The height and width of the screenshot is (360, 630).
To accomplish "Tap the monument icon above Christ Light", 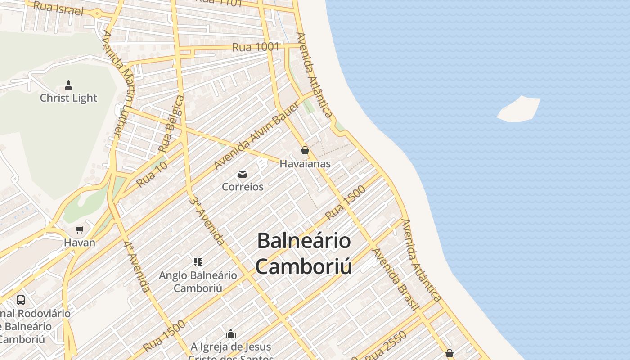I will point(68,85).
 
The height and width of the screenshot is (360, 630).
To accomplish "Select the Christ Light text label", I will point(68,98).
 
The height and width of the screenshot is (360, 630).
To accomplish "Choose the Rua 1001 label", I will point(256,47).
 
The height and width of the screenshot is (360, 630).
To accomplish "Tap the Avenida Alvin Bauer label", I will point(256,135).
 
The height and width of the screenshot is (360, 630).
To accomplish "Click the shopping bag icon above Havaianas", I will point(305,150).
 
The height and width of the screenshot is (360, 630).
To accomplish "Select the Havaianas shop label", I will point(305,164).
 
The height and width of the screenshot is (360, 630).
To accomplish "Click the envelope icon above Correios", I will point(243,174).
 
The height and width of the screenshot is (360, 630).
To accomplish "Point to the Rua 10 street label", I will point(152,174).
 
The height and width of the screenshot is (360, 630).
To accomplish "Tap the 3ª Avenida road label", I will point(207,220).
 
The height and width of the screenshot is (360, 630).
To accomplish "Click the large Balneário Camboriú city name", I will point(304,253).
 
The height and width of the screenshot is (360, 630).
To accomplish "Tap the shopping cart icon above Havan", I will point(80,230).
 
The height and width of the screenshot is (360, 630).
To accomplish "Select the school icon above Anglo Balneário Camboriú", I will point(198,261).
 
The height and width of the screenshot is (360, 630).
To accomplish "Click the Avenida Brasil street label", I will point(396,279).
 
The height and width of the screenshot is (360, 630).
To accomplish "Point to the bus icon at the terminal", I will point(21,300).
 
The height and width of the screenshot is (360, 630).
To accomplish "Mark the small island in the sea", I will point(519,109).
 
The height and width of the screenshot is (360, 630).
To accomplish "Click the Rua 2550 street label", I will point(386,346).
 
